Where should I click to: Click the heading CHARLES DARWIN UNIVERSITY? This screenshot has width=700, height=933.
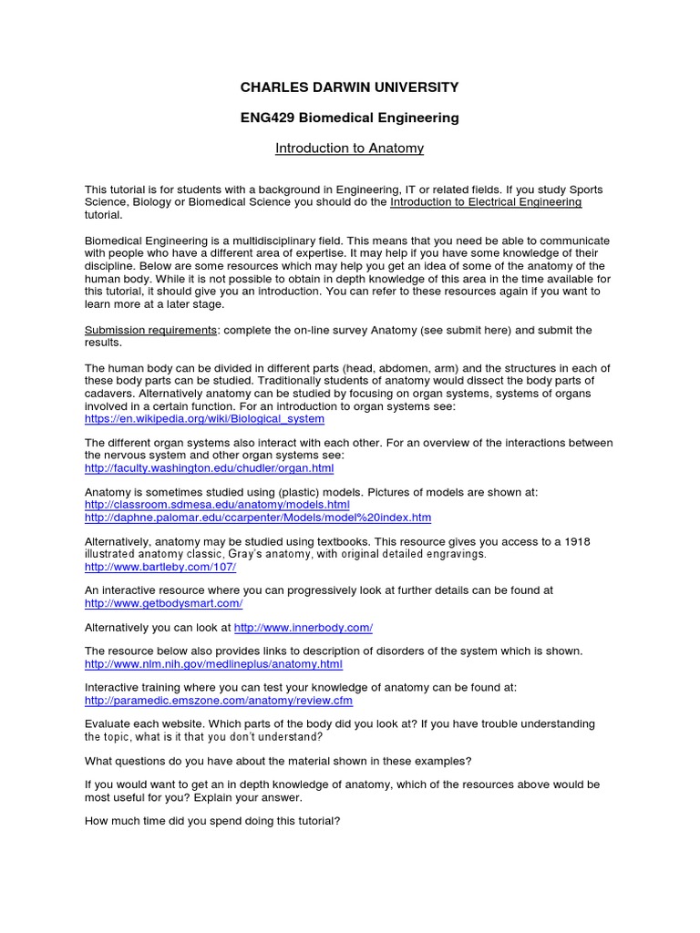coord(349,87)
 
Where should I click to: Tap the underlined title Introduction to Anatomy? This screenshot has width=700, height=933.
coord(350,148)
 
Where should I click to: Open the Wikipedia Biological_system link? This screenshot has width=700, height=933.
coord(204,419)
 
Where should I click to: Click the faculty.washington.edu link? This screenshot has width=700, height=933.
coord(209,468)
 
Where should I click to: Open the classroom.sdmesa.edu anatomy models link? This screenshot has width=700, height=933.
coord(217,505)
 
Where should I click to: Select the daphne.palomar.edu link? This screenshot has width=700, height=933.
coord(258,518)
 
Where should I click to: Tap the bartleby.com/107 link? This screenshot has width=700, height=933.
coord(160,567)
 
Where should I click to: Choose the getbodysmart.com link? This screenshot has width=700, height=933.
coord(164,603)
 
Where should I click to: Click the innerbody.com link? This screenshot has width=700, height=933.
coord(304,628)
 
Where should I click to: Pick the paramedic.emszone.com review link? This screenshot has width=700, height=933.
coord(219,702)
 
